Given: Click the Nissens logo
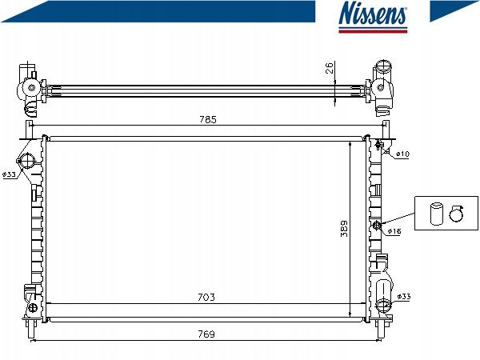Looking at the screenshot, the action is point(373,16).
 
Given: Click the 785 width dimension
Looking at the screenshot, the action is point(208,119).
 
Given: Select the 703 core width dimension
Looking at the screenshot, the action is point(206,297).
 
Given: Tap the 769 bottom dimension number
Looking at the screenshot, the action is point(206,334).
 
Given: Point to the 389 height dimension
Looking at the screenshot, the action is point(344,228).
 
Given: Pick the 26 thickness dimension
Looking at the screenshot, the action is point(330,68).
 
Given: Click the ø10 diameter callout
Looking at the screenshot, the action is point(402,154).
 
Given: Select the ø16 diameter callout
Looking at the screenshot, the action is point(394,231).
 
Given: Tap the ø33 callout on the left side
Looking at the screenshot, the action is point(9,174).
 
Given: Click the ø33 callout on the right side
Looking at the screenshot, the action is point(404,296).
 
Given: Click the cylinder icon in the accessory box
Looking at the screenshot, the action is point(437,214).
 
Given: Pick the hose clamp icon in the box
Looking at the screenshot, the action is point(457,214).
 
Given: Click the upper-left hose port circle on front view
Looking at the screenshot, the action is point(27,161).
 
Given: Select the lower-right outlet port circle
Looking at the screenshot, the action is point(383,304).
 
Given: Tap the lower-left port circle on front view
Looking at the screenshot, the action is point(33,308).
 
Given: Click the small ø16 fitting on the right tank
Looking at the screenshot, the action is point(377,226).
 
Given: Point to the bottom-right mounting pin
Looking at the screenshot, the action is point(381,330).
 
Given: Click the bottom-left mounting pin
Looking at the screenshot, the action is point(31,330).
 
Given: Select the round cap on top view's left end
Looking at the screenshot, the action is point(31,88).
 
